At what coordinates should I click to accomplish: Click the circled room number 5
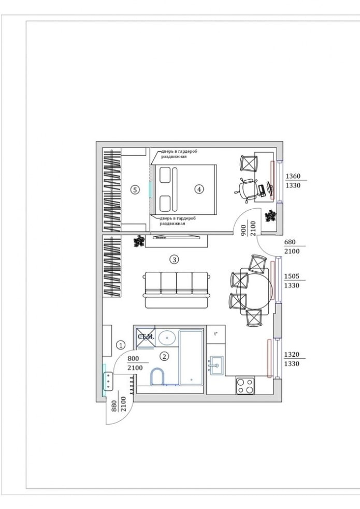point(135,190)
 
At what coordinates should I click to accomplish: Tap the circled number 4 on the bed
point(199,189)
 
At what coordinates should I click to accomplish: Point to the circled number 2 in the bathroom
point(164,356)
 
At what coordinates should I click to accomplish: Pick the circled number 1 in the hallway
point(120,344)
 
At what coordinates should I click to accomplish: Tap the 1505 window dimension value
point(293,277)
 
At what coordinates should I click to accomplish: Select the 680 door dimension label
point(291,242)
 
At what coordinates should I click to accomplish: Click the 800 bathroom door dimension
point(134,358)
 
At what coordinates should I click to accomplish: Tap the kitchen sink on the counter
point(215,367)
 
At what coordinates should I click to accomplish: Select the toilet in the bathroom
point(156,377)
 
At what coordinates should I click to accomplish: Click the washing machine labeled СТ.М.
point(146,338)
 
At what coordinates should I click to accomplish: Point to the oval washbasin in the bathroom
point(167,338)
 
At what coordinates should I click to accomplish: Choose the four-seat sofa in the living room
point(177,290)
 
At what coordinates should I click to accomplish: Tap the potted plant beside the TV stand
point(139,241)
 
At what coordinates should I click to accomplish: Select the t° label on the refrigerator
point(216,333)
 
